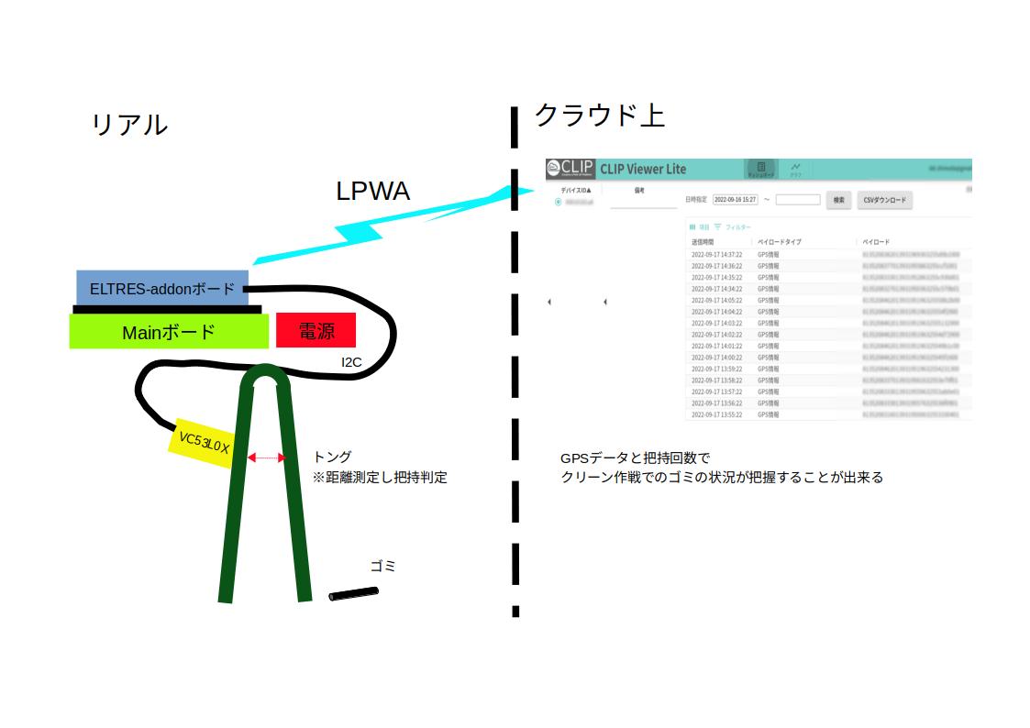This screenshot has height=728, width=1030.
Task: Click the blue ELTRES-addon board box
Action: (161, 288)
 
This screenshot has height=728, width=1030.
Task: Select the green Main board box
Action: (169, 332)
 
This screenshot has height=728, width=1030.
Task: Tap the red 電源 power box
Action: (316, 331)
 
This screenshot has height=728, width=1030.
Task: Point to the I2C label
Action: (351, 362)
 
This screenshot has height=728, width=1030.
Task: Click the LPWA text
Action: (372, 191)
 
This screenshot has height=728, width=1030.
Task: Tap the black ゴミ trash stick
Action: (353, 594)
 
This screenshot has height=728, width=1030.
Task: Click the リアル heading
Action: (129, 125)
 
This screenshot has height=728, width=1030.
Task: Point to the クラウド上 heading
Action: (599, 116)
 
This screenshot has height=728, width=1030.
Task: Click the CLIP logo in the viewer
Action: (570, 169)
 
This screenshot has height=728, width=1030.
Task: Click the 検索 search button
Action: (838, 199)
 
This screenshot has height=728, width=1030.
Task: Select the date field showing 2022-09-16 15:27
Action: (735, 199)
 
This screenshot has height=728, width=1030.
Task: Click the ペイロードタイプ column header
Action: (779, 242)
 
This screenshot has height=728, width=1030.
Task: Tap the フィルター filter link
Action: (737, 226)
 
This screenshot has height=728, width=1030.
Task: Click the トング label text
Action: (332, 457)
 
